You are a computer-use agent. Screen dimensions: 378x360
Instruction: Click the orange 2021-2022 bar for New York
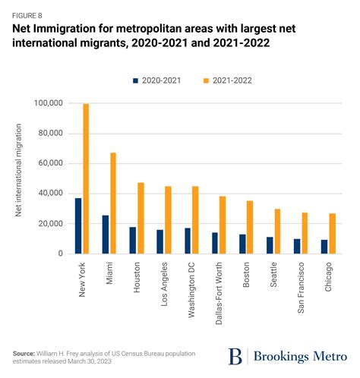point(86,178)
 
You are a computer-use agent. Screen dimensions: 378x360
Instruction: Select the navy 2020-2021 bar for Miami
point(106,234)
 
